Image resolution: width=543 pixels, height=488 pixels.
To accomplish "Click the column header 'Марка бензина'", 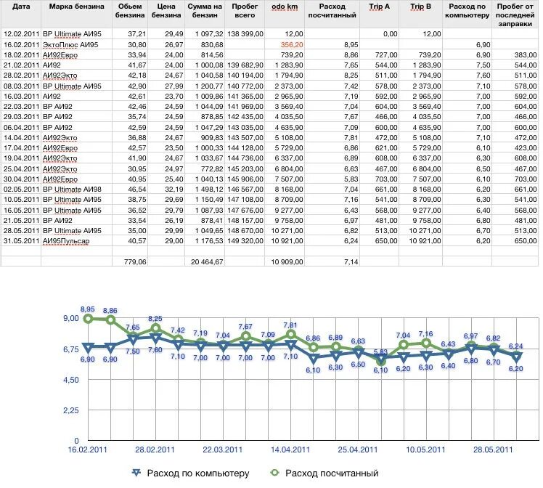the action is (76, 7).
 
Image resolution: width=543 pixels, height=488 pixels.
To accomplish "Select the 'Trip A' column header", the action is (379, 7).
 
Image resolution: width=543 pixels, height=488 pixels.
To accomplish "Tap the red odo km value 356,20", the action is (292, 45).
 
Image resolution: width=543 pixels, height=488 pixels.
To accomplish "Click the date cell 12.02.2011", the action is (21, 34).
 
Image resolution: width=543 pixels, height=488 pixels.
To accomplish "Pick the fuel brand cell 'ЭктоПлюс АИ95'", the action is (70, 45).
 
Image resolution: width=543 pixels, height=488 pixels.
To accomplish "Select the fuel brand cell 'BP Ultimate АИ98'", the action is (72, 190).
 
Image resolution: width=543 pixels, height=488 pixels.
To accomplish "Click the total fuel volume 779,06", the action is (135, 262).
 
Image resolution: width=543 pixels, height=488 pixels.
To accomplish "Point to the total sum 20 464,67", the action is (207, 262).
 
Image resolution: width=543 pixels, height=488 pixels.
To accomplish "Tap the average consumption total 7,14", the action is (351, 262).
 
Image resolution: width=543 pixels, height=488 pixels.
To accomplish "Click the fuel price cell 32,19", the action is (174, 190).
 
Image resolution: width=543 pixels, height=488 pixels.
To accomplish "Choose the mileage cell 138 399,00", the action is (245, 34).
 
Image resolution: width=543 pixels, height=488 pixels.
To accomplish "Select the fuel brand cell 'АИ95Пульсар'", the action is (66, 241).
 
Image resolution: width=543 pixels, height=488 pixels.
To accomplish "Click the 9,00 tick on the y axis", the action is (71, 318).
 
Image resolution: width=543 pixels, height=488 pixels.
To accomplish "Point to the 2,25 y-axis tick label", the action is (71, 410).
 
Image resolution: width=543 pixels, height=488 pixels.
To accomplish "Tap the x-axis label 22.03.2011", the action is (222, 450).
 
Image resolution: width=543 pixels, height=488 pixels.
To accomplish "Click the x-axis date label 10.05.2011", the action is (425, 450).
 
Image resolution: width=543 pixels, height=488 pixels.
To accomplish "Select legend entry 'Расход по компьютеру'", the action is (190, 473).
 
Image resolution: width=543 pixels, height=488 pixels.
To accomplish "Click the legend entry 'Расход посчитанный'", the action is (324, 473).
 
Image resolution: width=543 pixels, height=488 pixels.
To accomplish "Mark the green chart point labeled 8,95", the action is (89, 319).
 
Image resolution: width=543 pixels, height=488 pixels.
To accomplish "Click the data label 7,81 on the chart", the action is (290, 325).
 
